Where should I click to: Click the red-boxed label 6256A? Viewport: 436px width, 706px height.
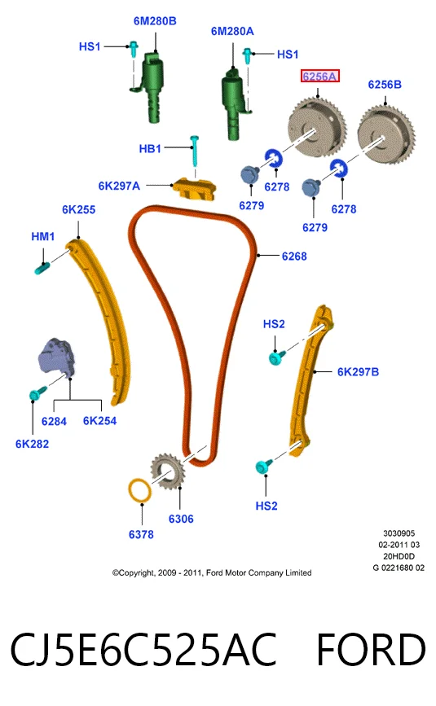pyautogui.click(x=319, y=76)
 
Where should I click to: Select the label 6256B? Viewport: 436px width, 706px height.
pyautogui.click(x=385, y=85)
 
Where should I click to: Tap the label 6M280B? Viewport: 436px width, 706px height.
pyautogui.click(x=155, y=21)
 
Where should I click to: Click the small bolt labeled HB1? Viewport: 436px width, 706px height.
pyautogui.click(x=195, y=151)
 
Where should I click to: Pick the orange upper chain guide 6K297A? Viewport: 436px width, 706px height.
pyautogui.click(x=195, y=188)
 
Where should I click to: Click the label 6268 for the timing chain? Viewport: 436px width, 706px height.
pyautogui.click(x=294, y=257)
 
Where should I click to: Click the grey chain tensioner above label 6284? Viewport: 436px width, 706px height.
pyautogui.click(x=56, y=356)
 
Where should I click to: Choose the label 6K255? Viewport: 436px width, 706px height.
pyautogui.click(x=79, y=210)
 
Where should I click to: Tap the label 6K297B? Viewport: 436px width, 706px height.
pyautogui.click(x=358, y=372)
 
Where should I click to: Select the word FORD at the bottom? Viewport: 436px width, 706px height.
pyautogui.click(x=371, y=649)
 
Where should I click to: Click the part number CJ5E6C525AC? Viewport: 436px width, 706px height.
pyautogui.click(x=143, y=650)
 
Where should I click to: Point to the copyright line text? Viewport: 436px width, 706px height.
pyautogui.click(x=212, y=572)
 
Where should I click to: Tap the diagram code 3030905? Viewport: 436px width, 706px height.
pyautogui.click(x=399, y=533)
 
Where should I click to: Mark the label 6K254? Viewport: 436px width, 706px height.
pyautogui.click(x=99, y=421)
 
